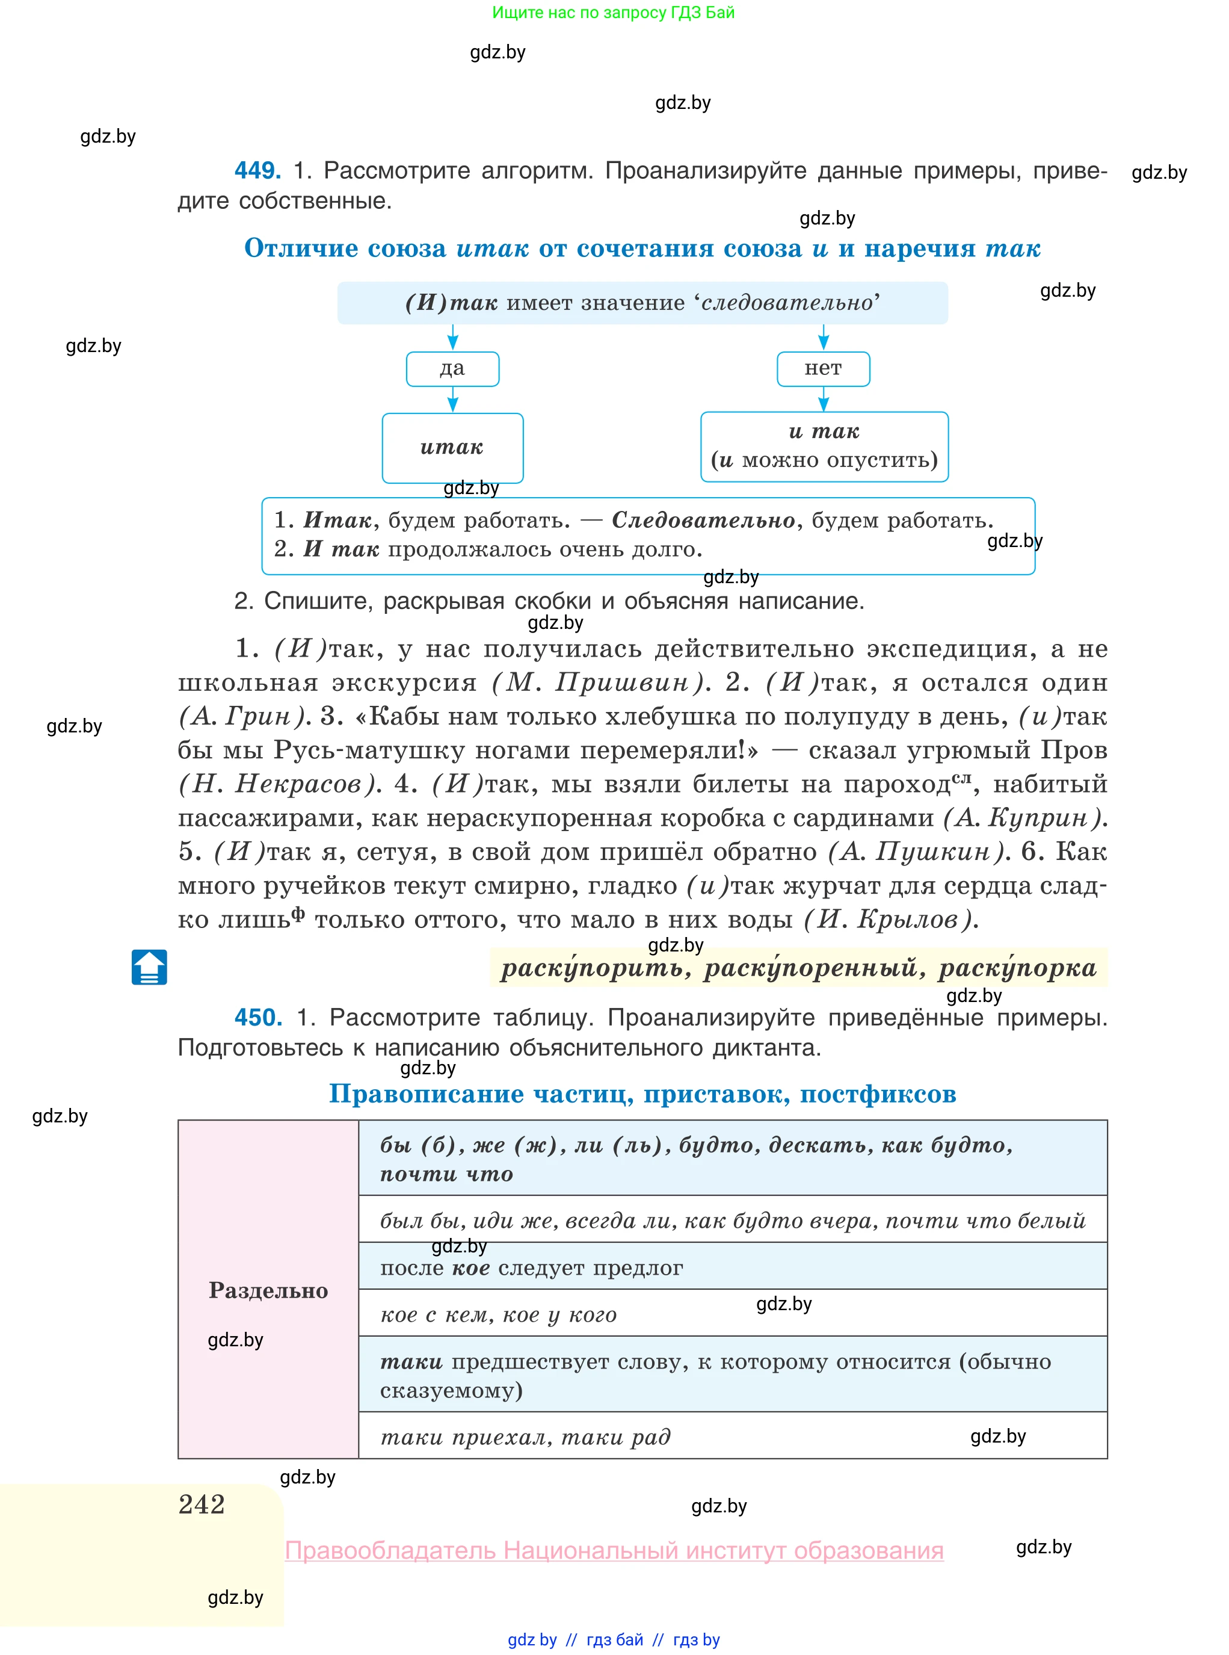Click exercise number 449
point(257,170)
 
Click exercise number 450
point(257,1016)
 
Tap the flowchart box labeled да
point(452,369)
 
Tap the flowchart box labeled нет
point(823,369)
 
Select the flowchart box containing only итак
point(452,448)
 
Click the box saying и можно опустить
point(824,447)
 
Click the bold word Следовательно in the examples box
point(703,520)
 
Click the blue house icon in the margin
point(150,967)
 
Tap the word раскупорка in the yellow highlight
point(1017,968)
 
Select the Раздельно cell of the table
point(268,1290)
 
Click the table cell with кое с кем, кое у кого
point(732,1314)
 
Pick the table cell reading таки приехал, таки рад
point(732,1436)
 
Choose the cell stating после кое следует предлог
point(732,1267)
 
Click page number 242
point(202,1504)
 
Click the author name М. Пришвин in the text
point(600,682)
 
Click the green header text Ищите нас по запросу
point(613,12)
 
